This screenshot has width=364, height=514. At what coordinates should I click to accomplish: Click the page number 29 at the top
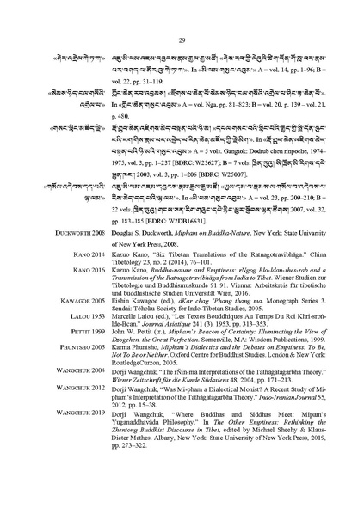[x=182, y=40]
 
